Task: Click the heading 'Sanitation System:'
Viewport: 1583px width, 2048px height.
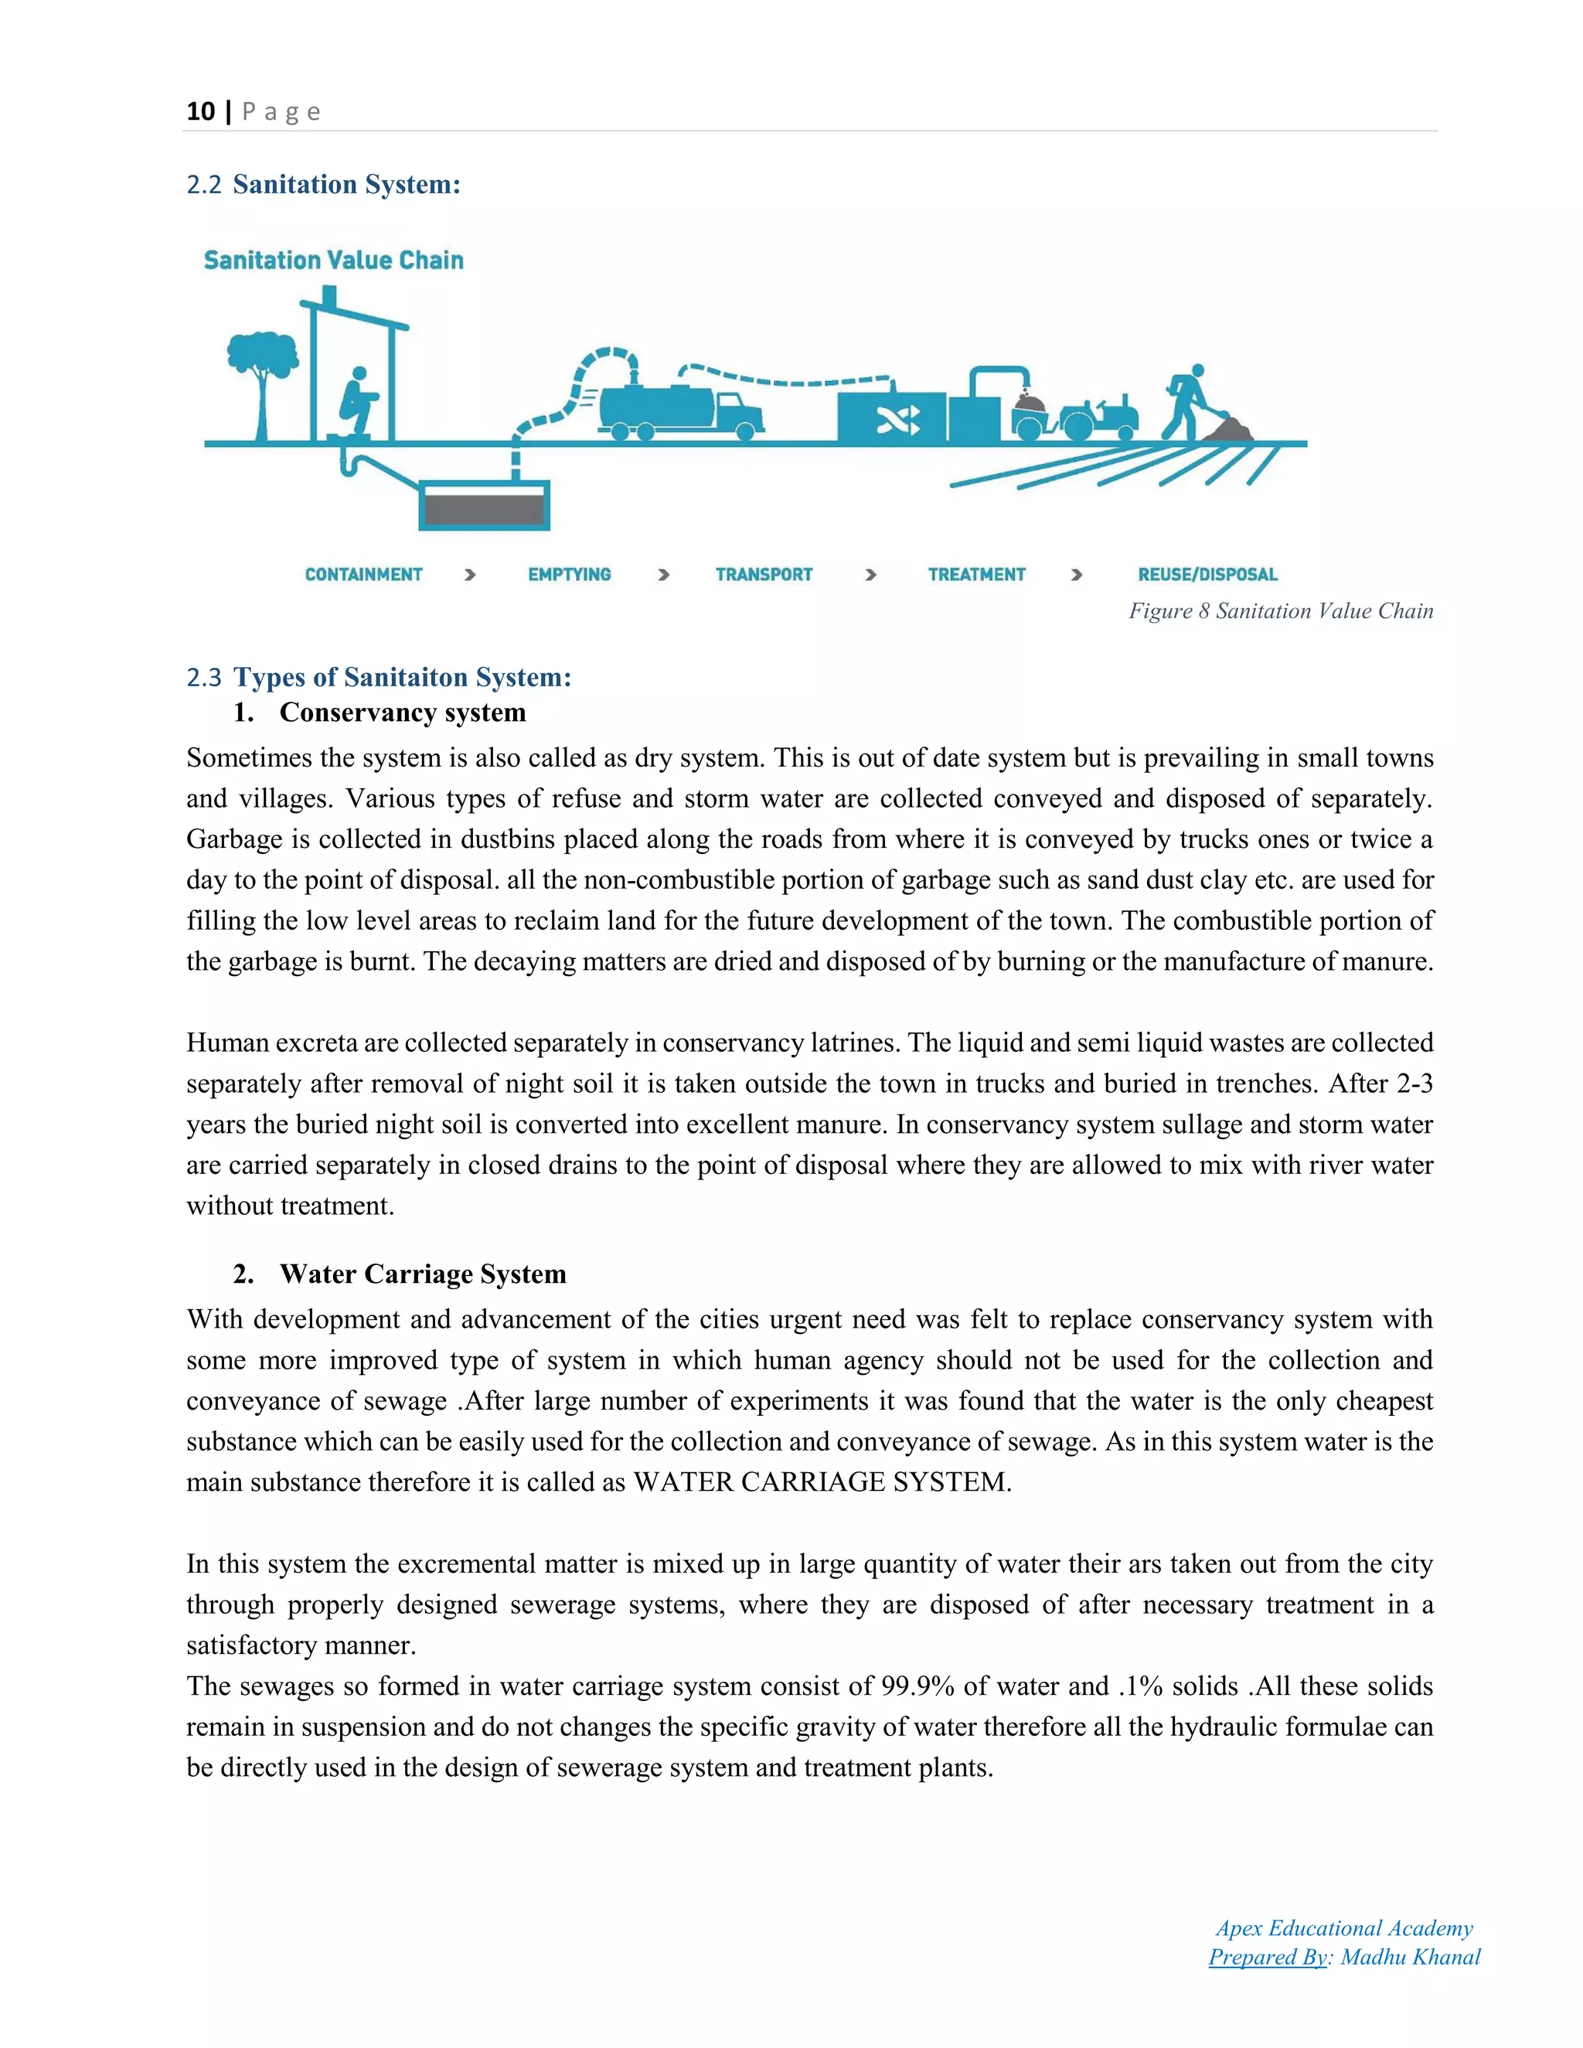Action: click(346, 184)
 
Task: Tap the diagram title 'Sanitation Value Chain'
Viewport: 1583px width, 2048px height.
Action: click(333, 260)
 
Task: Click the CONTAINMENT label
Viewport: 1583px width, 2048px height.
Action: click(363, 575)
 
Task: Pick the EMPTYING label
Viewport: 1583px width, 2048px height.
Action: click(568, 575)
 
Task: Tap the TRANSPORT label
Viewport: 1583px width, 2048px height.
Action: click(764, 575)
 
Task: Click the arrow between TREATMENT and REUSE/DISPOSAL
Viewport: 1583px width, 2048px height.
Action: click(1077, 575)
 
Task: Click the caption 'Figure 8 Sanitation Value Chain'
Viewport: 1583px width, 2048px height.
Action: click(1280, 611)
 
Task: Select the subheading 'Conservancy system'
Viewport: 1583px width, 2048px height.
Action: click(402, 713)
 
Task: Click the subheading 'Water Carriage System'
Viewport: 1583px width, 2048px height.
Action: click(422, 1274)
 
